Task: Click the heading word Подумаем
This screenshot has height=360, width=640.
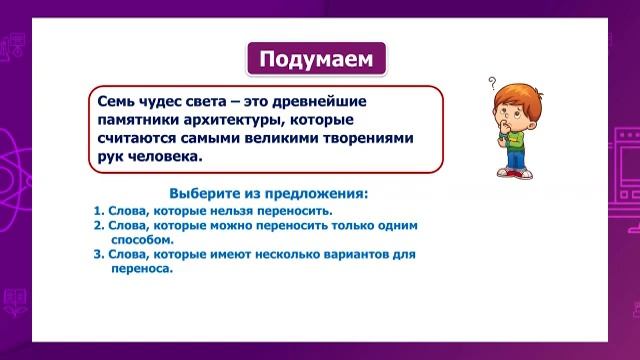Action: coord(315,60)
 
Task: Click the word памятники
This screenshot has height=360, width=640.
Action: coord(141,120)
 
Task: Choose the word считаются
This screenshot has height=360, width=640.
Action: coord(140,139)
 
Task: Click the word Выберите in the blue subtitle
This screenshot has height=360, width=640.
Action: coord(204,193)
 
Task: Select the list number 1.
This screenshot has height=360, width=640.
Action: coord(98,212)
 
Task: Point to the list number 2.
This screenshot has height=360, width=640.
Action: coord(98,226)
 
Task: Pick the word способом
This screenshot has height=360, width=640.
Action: coord(142,240)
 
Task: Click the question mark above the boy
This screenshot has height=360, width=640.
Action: coord(492,84)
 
